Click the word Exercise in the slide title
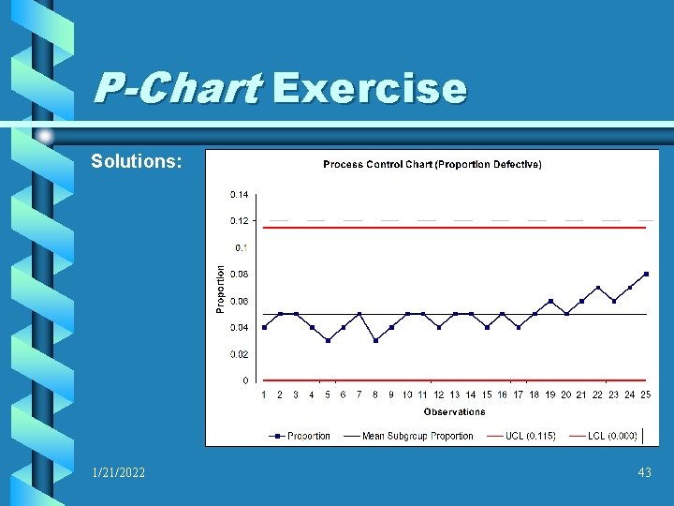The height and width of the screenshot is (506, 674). (369, 89)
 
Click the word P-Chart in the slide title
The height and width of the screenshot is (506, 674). (177, 89)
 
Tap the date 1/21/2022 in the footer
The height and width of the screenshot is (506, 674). (119, 473)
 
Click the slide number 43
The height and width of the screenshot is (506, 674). (644, 473)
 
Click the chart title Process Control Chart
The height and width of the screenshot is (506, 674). (432, 165)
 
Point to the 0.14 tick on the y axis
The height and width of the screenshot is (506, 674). (239, 194)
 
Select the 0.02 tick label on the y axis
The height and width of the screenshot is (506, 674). (239, 354)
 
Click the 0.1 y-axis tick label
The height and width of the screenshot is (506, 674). (242, 247)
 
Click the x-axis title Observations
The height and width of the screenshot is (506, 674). (454, 411)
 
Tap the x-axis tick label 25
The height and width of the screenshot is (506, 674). (646, 395)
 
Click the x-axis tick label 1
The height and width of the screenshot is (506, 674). (264, 395)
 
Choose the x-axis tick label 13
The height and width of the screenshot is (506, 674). (455, 395)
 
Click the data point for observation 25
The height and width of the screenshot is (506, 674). (646, 274)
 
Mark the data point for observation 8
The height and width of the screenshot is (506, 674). (375, 340)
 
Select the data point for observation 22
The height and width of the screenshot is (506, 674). (598, 288)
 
